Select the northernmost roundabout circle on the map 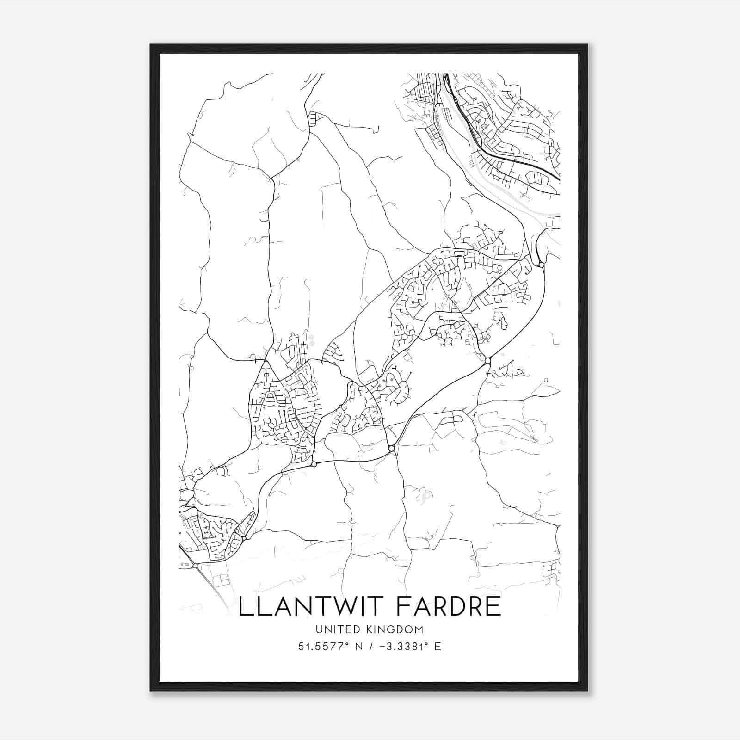541,265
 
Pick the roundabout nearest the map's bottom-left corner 195,566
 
